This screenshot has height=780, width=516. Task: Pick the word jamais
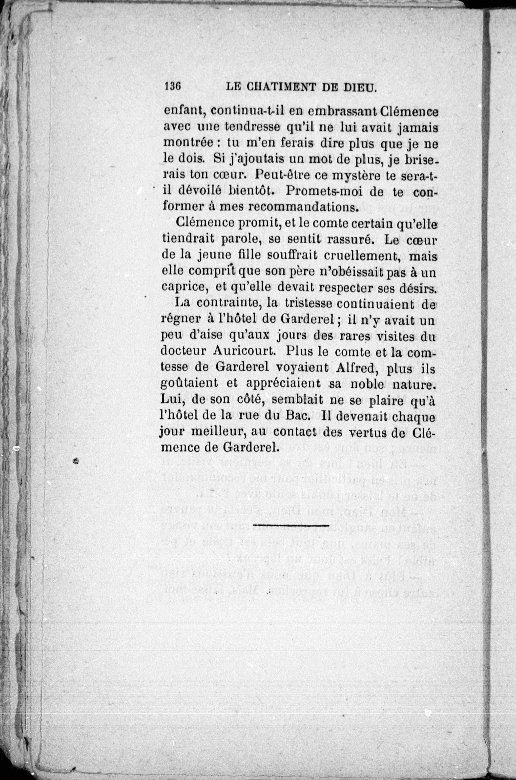[x=417, y=127]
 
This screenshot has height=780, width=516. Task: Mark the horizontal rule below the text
[x=291, y=525]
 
